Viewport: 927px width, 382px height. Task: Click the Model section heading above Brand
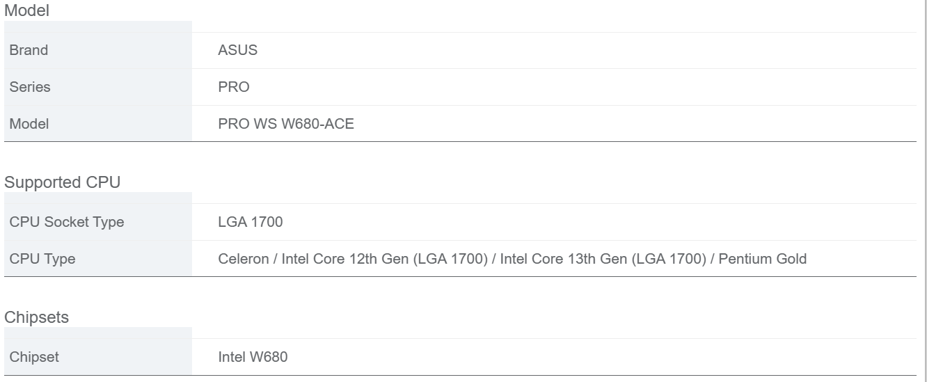tap(26, 10)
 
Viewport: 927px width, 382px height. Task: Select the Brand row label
tap(29, 50)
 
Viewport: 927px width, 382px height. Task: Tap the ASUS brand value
tap(237, 50)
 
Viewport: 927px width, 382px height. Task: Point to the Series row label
tap(30, 87)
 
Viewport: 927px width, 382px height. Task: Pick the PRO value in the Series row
tap(234, 87)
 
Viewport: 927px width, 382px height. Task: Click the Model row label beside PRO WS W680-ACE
tap(29, 124)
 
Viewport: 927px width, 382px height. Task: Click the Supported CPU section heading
tap(62, 182)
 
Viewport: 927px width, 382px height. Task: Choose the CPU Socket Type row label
tap(67, 222)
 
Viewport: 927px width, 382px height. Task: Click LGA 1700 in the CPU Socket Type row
tap(251, 222)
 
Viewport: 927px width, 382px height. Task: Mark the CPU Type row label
tap(42, 259)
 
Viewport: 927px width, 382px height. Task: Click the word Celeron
tap(243, 259)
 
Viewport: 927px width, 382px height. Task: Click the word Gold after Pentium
tap(791, 259)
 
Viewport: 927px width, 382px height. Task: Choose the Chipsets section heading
tap(37, 317)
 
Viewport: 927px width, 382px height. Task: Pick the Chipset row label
tap(34, 357)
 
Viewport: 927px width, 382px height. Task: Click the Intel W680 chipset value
tap(253, 357)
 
